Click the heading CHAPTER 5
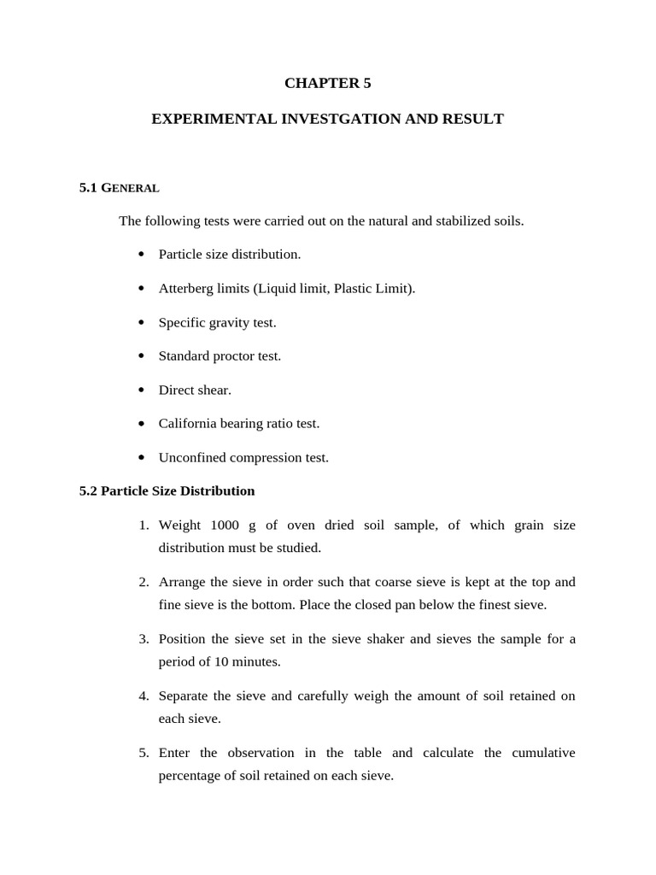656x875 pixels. [327, 83]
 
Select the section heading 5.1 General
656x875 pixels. [119, 187]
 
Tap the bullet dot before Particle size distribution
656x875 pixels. [141, 255]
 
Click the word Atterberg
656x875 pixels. [190, 288]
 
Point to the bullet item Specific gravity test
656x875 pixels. [217, 322]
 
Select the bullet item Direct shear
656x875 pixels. [195, 390]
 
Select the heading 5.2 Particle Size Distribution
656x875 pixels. [167, 490]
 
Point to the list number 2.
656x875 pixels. [144, 582]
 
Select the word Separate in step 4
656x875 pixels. [184, 696]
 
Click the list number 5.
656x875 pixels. [144, 753]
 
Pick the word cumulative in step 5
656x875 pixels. [543, 753]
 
